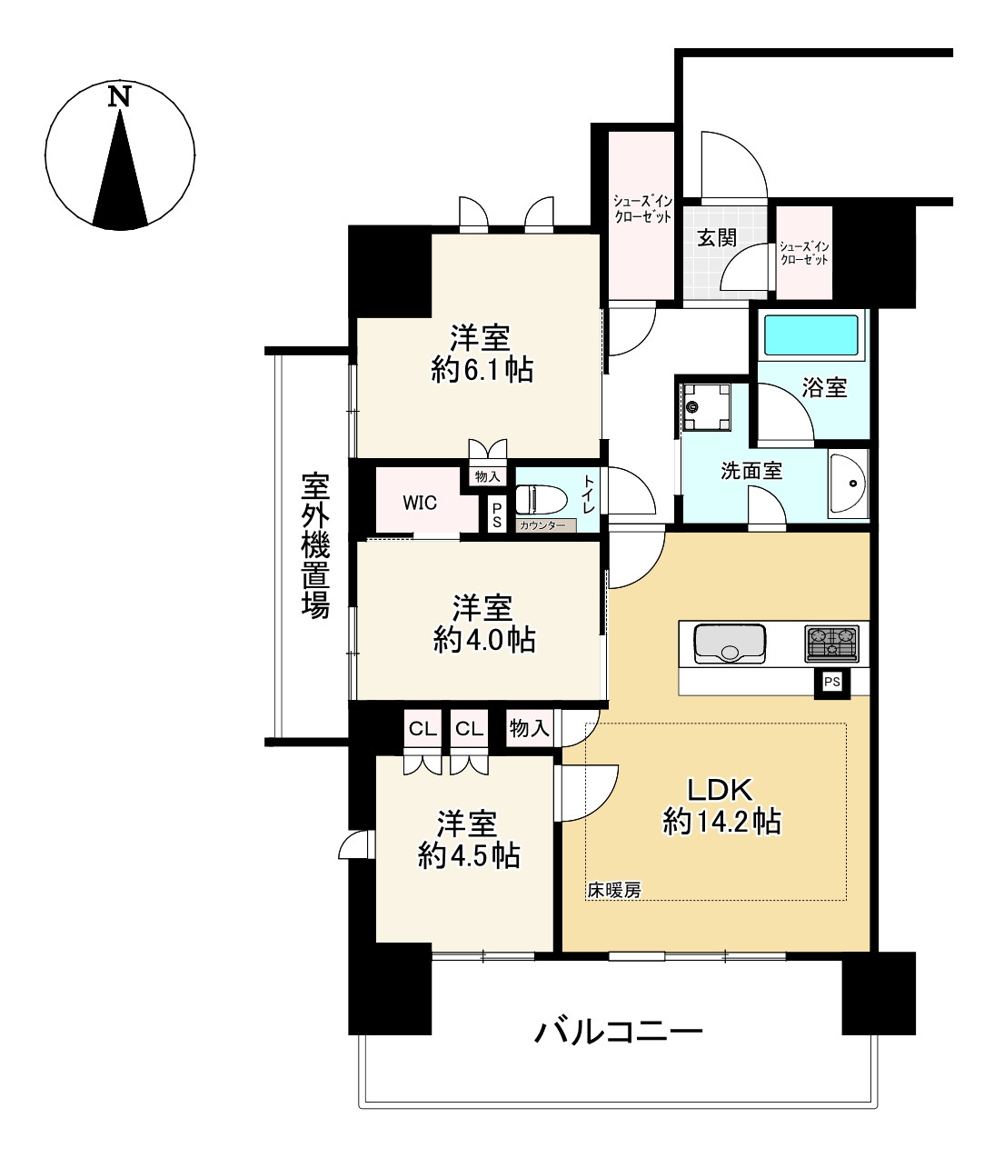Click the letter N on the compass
click(x=119, y=96)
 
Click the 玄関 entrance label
click(x=716, y=238)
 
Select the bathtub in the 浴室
click(x=810, y=335)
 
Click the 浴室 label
click(x=824, y=388)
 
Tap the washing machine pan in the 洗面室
click(x=706, y=407)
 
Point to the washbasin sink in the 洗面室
click(x=848, y=483)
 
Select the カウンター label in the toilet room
click(x=542, y=525)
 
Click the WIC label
click(x=420, y=503)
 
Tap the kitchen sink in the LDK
click(x=730, y=644)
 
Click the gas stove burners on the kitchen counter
click(x=831, y=644)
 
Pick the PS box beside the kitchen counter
click(x=831, y=682)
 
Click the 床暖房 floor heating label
click(x=614, y=890)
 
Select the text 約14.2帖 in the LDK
click(x=721, y=823)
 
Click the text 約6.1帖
click(x=482, y=370)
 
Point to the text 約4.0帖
click(x=484, y=640)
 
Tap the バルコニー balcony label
click(x=618, y=1032)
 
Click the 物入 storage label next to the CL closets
click(x=529, y=728)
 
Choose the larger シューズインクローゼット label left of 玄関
click(x=642, y=209)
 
